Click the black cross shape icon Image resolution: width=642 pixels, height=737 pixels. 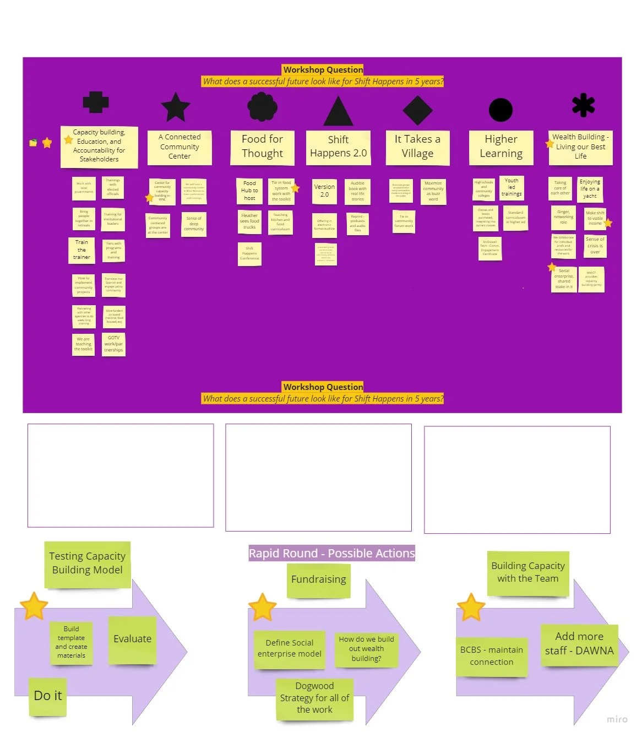[x=96, y=102]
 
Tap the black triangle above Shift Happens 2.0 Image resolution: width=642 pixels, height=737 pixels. [x=338, y=112]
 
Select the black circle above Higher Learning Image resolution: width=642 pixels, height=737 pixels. [x=500, y=110]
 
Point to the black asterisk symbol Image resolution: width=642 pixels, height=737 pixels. [x=583, y=105]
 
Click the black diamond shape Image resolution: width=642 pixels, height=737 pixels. [x=417, y=110]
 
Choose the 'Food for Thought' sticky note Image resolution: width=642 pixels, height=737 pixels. [x=262, y=147]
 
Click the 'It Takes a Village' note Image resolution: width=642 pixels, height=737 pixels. [x=417, y=147]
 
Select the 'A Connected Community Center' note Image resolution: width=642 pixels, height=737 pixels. [x=179, y=147]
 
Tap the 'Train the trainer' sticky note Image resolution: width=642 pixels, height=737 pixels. [x=81, y=250]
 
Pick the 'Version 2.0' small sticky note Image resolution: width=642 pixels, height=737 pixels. [x=324, y=191]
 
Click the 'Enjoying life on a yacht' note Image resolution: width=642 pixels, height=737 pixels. [x=590, y=188]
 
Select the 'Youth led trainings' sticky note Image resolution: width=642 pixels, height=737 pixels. [x=512, y=187]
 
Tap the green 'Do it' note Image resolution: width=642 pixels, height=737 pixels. [x=48, y=696]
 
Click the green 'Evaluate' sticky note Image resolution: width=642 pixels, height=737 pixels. [x=132, y=639]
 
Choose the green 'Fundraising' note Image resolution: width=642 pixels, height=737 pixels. [x=318, y=579]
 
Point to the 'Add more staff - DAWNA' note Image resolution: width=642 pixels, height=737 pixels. [x=579, y=644]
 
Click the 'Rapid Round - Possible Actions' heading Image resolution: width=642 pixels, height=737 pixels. [x=331, y=553]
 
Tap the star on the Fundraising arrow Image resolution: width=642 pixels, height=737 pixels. [x=262, y=607]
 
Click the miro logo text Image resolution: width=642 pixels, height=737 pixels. [x=617, y=719]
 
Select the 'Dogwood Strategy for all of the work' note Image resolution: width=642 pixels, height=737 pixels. [x=314, y=698]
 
